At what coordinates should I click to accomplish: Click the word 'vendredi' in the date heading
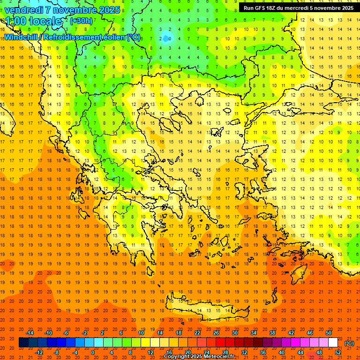coord(24,10)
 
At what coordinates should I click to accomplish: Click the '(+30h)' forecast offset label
coord(81,21)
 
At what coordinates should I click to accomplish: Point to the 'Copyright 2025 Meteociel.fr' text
coord(199,356)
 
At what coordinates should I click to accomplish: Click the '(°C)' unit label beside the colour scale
coord(349,343)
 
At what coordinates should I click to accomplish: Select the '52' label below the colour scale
coord(337,352)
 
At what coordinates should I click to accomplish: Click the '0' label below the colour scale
coord(93,352)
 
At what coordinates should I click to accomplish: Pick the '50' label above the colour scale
coord(328,333)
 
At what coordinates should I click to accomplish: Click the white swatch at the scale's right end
coord(333,343)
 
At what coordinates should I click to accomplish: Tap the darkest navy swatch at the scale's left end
coord(23,343)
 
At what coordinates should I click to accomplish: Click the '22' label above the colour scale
coord(197,333)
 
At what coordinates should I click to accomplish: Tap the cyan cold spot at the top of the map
coord(167,37)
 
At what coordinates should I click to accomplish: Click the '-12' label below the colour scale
coord(39,352)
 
